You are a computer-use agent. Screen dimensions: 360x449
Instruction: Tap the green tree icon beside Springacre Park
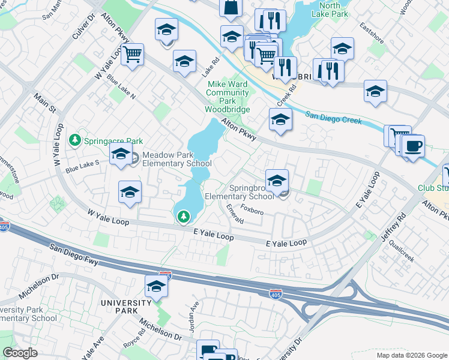[75, 140]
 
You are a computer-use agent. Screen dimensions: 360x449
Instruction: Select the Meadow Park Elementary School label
[176, 159]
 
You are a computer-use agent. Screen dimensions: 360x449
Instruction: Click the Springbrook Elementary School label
[240, 191]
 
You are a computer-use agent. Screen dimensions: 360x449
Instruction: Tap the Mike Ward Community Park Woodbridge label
[228, 97]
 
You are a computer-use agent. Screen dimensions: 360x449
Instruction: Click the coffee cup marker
[412, 146]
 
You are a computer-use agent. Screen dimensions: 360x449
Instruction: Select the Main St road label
[44, 103]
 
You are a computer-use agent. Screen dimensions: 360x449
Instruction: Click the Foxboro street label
[252, 210]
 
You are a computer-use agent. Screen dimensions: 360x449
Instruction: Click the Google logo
[20, 353]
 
